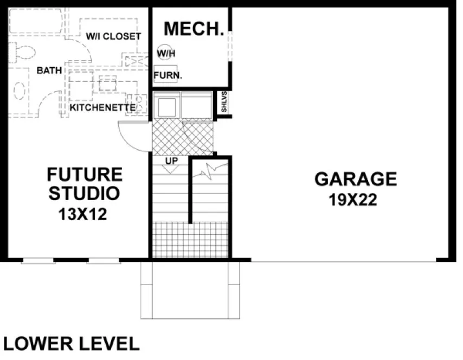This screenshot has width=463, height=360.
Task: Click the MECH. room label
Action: click(194, 29)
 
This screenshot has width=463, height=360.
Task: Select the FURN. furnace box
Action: click(168, 75)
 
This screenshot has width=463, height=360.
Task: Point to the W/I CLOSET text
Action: click(114, 36)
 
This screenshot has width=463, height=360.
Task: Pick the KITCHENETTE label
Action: click(102, 108)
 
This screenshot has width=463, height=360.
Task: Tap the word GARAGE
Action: click(356, 179)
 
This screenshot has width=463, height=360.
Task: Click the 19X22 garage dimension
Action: click(352, 201)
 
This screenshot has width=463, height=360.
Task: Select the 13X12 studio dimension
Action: click(83, 214)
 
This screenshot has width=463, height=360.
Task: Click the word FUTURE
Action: click(85, 175)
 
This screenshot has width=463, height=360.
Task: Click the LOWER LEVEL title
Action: click(71, 344)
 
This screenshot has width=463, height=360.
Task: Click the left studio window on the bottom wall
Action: click(38, 262)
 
